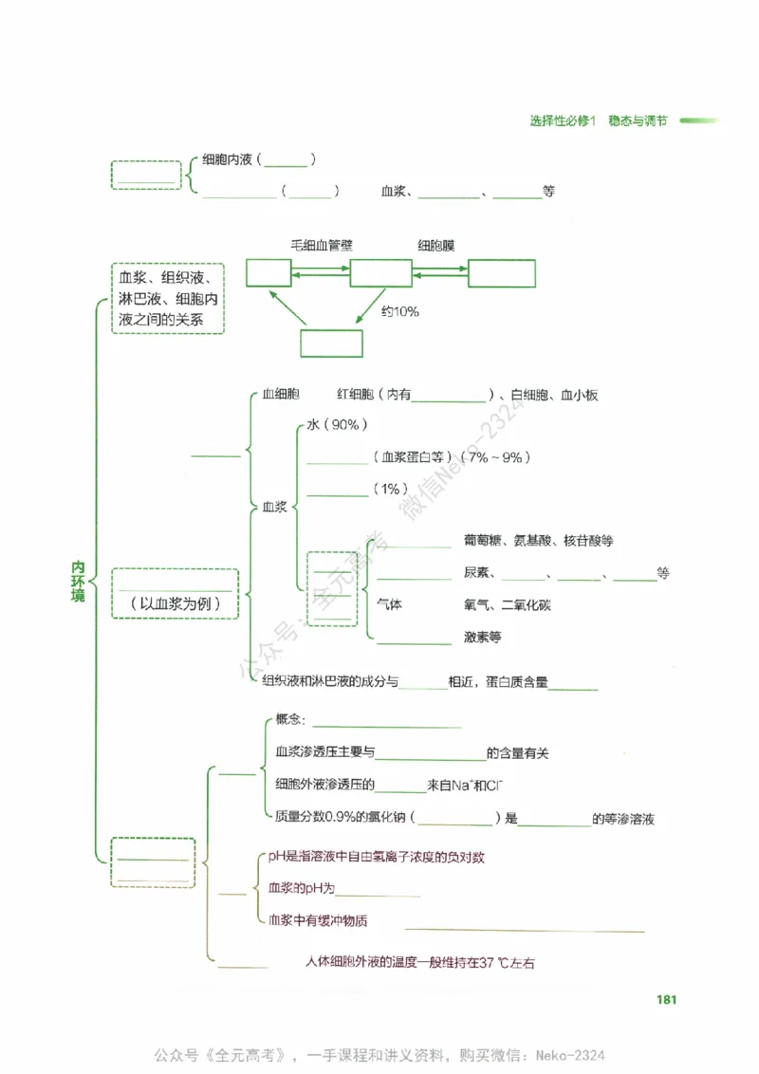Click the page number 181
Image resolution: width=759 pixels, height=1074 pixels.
tap(665, 999)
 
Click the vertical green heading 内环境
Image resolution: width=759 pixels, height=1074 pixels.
tap(79, 581)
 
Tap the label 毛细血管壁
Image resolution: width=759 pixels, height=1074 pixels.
tap(322, 246)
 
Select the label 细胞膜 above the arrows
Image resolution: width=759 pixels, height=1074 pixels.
tap(436, 246)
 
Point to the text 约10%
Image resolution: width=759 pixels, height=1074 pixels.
tap(400, 311)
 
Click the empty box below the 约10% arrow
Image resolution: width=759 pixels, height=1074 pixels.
tap(331, 343)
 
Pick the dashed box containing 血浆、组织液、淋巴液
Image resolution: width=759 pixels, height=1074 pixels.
tap(168, 298)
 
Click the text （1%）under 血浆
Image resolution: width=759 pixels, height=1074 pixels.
tap(389, 490)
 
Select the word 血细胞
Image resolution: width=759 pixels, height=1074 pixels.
tap(282, 395)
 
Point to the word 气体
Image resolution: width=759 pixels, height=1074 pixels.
tap(390, 604)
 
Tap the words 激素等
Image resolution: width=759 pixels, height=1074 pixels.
tap(482, 637)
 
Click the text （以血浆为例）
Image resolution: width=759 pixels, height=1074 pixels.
tap(175, 604)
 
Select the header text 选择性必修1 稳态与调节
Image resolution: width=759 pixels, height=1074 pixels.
tap(598, 120)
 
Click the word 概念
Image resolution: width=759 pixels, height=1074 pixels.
tap(287, 720)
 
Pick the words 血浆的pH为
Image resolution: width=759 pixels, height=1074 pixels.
tap(302, 889)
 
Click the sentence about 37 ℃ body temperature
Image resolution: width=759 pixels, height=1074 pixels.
tap(420, 962)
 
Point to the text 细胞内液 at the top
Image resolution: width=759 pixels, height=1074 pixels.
tap(227, 160)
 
